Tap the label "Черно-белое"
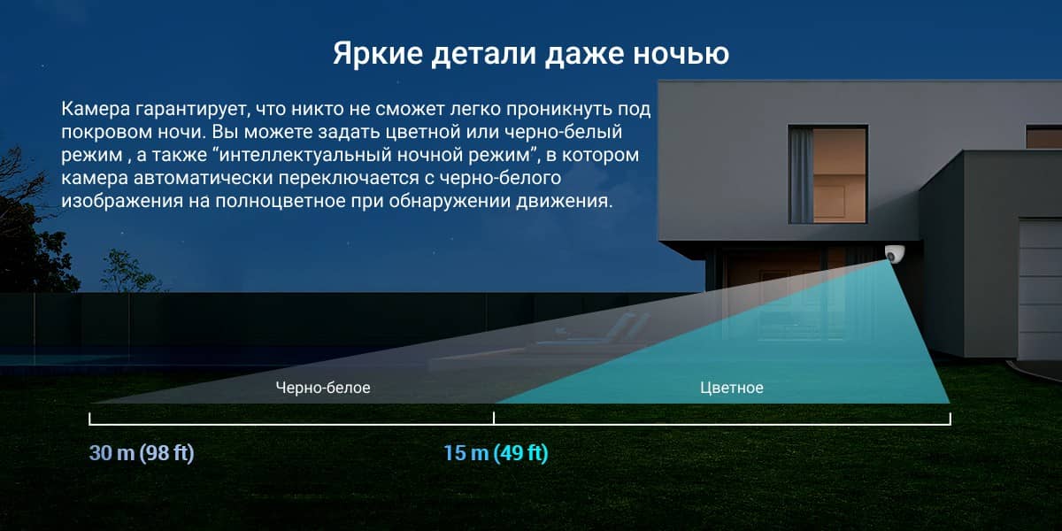click(x=323, y=388)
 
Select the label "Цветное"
click(x=732, y=388)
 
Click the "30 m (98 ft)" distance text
click(x=142, y=453)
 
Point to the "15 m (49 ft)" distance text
click(x=496, y=453)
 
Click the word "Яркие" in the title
click(x=377, y=53)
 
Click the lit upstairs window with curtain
click(x=827, y=174)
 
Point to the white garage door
click(x=1040, y=289)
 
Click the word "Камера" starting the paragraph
click(x=96, y=109)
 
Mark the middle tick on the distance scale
click(x=494, y=418)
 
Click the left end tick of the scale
click(x=89, y=419)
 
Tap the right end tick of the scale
click(x=950, y=419)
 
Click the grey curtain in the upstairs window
click(x=801, y=175)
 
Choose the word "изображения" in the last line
click(x=122, y=202)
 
